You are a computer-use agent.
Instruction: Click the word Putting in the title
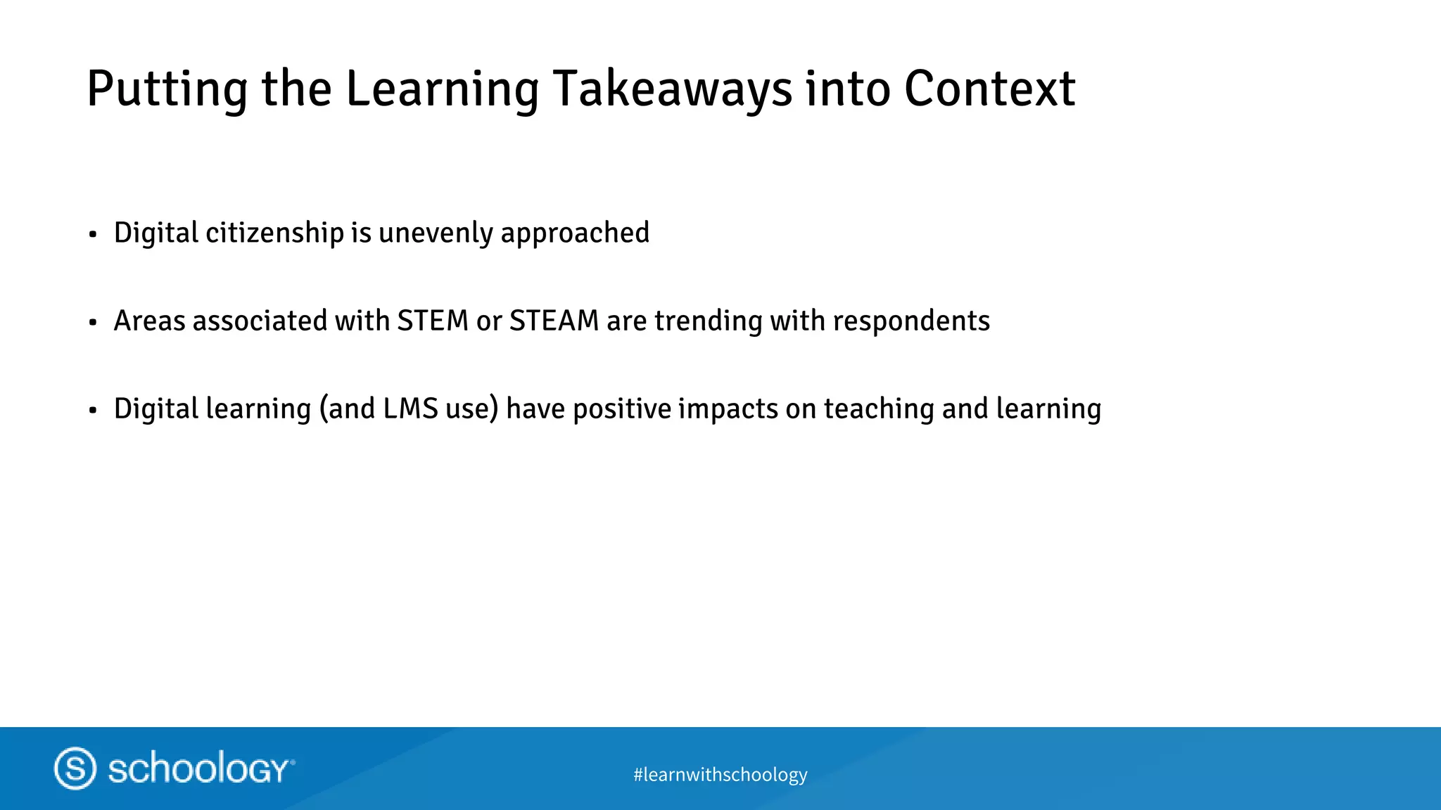point(167,90)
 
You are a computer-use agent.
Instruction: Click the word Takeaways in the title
point(673,90)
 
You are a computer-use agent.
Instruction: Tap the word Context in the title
point(989,89)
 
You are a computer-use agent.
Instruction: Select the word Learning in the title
point(442,90)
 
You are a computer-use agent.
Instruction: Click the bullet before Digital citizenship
point(93,235)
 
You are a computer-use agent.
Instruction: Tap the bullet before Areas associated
point(93,323)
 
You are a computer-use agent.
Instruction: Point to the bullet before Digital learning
point(93,411)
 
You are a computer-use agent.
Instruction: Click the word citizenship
point(274,233)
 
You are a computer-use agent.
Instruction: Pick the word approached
point(575,233)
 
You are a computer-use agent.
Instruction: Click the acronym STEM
point(433,321)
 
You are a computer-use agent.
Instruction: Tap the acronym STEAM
point(554,321)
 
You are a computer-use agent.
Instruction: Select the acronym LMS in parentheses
point(411,409)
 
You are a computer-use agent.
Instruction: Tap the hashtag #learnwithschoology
point(720,774)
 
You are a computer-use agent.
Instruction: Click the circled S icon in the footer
point(75,768)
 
